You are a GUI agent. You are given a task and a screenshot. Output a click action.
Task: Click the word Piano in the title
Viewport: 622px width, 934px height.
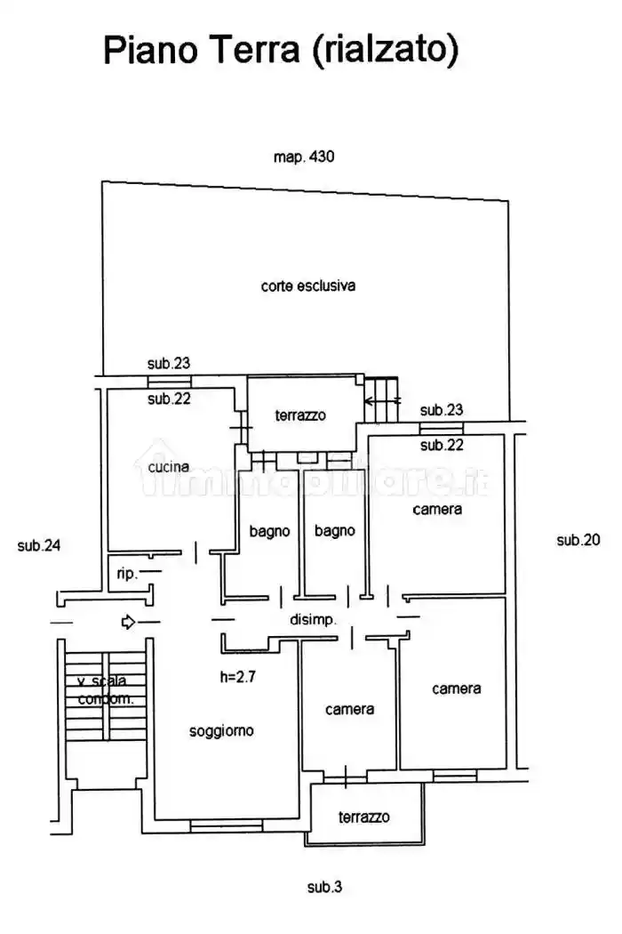coord(150,50)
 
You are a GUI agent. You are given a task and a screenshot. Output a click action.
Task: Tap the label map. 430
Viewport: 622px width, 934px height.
coord(304,157)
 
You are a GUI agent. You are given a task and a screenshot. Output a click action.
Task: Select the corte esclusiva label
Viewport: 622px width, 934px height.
coord(307,286)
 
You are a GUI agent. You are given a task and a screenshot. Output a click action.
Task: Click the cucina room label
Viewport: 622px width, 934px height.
coord(169,467)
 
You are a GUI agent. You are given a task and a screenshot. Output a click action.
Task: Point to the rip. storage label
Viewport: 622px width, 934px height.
coord(127,574)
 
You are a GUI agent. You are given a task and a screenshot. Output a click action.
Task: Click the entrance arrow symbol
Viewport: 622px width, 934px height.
coord(128,622)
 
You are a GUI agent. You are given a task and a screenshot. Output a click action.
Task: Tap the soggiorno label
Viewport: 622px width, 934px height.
coord(221,731)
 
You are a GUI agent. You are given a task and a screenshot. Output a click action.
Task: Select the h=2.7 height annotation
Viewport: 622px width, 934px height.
coord(237,676)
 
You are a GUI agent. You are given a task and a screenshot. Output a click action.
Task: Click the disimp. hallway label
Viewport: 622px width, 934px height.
coord(313,619)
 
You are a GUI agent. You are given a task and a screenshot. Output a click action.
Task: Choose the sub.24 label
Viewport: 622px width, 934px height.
coord(39,545)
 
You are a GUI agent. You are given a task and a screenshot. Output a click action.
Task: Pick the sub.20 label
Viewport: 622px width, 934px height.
coord(578,540)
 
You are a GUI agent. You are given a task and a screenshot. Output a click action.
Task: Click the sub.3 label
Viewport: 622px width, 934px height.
coord(324,887)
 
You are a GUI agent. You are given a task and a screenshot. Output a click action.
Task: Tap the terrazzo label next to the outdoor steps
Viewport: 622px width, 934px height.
coord(300,415)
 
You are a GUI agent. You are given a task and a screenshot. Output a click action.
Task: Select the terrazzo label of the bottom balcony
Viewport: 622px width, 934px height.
coord(363,817)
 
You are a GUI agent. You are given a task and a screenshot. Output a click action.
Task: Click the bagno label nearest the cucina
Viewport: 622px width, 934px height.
coord(269,531)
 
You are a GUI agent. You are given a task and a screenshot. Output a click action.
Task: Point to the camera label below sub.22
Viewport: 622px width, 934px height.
coord(437,510)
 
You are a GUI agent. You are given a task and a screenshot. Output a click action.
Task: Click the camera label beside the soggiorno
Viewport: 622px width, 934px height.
coord(349,710)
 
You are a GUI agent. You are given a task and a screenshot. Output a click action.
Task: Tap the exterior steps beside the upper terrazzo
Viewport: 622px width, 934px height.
coord(381,399)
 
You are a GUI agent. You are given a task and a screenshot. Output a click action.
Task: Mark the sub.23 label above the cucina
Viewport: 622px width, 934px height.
coord(169,363)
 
